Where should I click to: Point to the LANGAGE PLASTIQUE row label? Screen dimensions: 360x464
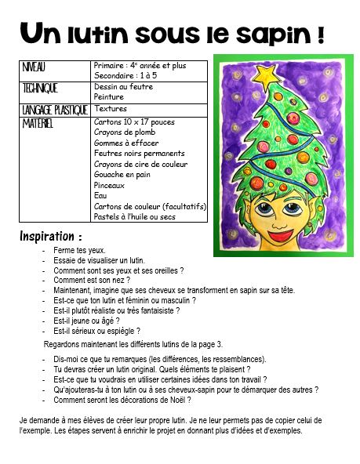click(55, 110)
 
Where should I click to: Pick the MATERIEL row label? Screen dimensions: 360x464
click(40, 123)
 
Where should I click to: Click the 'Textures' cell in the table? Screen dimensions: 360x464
click(110, 109)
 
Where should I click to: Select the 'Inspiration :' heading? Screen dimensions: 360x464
click(50, 235)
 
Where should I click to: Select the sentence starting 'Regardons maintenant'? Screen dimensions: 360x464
click(133, 344)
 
